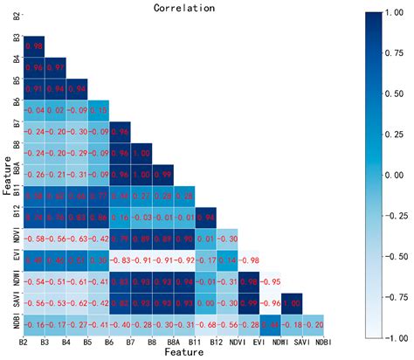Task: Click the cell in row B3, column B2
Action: (x=34, y=45)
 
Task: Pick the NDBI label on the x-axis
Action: (x=321, y=343)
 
